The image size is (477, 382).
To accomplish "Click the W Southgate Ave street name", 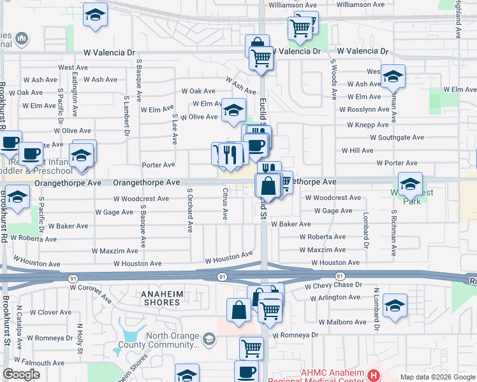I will tap(397, 137).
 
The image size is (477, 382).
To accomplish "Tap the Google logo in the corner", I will tap(21, 375).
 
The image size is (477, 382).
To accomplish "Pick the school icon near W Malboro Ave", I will tap(395, 306).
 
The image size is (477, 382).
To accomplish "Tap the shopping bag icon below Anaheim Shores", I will tap(238, 311).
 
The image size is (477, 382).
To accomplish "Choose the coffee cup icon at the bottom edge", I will tap(246, 372).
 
